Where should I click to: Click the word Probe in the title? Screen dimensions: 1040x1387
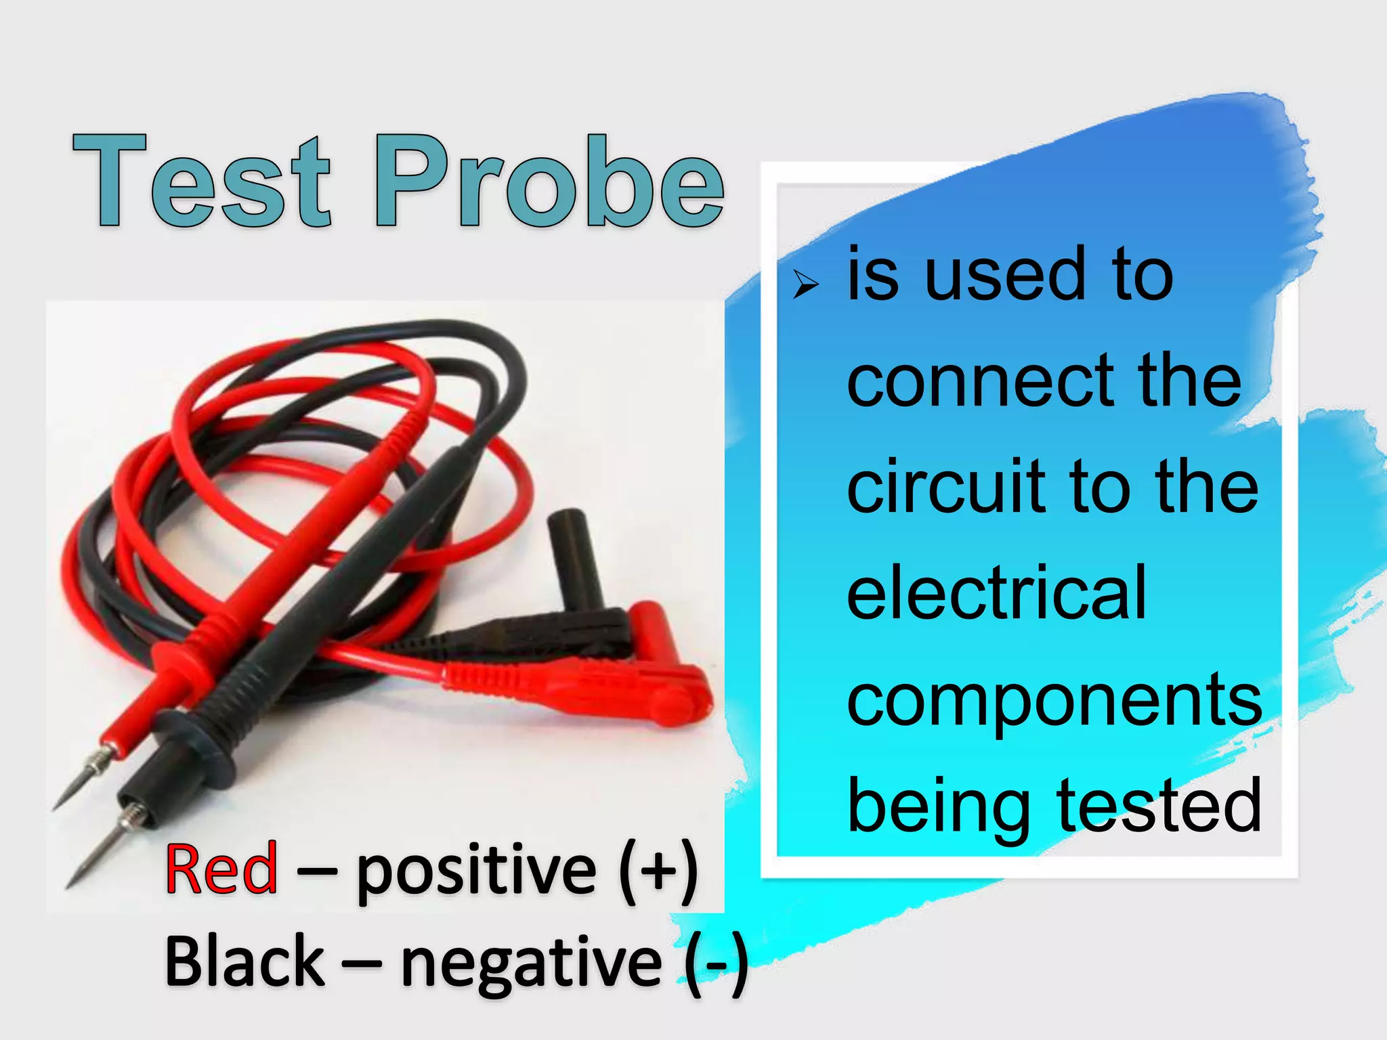tap(549, 181)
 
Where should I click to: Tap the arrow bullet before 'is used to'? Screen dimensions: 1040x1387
tap(806, 285)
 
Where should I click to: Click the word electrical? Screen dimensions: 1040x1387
tap(996, 593)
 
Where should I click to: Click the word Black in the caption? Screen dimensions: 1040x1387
tap(244, 961)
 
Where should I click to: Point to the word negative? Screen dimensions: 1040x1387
tap(531, 964)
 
